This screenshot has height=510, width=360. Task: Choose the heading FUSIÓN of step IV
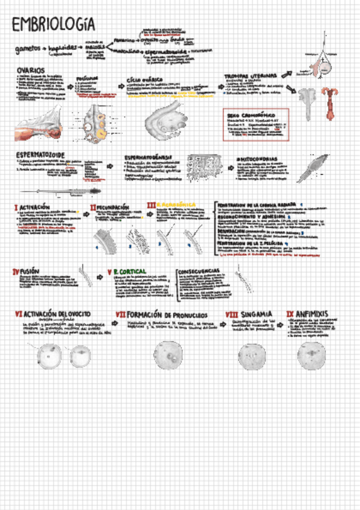click(30, 272)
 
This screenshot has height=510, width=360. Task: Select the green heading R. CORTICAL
click(130, 272)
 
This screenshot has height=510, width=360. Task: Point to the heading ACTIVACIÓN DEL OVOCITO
click(56, 314)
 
